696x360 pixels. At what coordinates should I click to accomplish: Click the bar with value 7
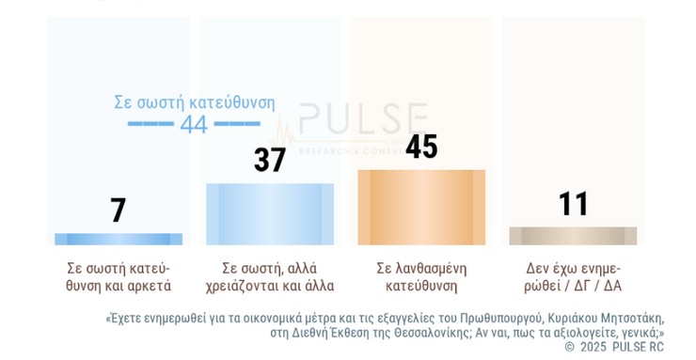tap(119, 239)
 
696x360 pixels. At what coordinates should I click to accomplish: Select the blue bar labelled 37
tap(270, 214)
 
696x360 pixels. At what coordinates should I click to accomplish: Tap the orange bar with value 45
tap(421, 208)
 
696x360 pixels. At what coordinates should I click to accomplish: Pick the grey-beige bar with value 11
tap(573, 236)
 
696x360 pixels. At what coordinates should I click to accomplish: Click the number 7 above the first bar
tap(119, 211)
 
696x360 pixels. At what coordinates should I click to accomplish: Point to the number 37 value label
tap(270, 160)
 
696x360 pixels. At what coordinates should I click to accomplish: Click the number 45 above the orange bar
tap(421, 147)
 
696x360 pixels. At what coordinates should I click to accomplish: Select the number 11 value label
tap(573, 204)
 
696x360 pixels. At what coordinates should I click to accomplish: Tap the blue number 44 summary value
tap(194, 124)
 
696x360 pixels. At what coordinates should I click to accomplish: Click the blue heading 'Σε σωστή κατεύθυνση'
tap(195, 102)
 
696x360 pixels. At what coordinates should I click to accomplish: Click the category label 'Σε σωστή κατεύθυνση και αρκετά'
tap(119, 276)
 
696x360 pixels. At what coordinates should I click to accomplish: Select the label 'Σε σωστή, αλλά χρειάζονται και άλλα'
tap(270, 276)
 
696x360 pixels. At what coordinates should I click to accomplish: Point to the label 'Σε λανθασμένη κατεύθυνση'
tap(421, 276)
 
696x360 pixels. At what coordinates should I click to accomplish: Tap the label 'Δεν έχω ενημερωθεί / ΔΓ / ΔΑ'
tap(573, 276)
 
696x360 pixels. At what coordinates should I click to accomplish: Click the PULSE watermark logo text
tap(362, 120)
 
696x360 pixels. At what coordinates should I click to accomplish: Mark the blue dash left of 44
tap(150, 124)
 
